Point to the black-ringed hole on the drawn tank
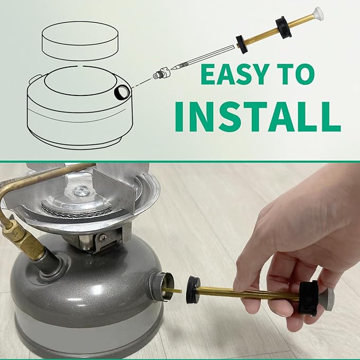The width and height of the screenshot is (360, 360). click(x=121, y=94)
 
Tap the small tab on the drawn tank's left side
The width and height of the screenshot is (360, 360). click(x=33, y=80)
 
